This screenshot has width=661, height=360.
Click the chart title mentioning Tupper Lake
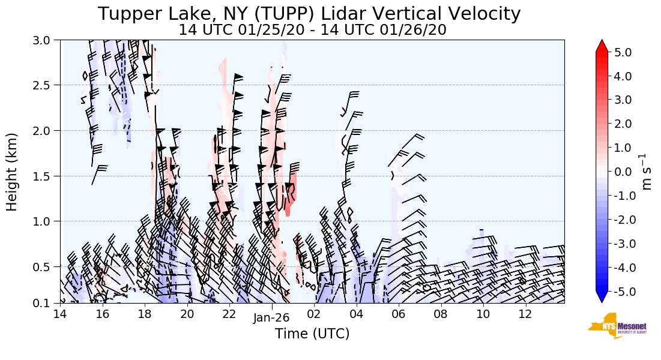tap(309, 13)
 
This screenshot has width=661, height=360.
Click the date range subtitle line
tap(312, 30)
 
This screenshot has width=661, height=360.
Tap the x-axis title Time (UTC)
tap(312, 334)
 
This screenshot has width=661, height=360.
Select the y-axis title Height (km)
tap(12, 172)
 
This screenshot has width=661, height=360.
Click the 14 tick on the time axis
tap(59, 314)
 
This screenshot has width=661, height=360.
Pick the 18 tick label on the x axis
tap(145, 314)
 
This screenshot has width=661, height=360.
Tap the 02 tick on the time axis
tap(314, 314)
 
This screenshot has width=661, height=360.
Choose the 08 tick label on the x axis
tap(441, 314)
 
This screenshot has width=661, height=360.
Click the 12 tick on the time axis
tap(526, 314)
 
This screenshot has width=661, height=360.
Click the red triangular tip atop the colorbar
tap(602, 46)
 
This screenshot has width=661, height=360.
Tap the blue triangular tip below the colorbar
tap(602, 297)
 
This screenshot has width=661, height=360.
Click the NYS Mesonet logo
tap(614, 326)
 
